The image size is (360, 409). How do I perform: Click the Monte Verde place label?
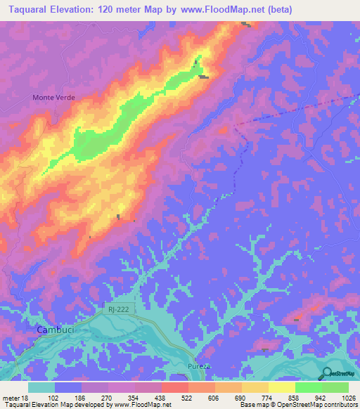pyautogui.click(x=53, y=97)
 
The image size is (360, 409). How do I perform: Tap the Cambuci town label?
pyautogui.click(x=53, y=329)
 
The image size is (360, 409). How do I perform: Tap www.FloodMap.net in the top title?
pyautogui.click(x=219, y=9)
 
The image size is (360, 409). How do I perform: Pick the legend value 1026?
pyautogui.click(x=347, y=398)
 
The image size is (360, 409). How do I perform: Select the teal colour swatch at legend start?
pyautogui.click(x=41, y=387)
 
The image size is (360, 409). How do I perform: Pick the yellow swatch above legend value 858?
pyautogui.click(x=281, y=387)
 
